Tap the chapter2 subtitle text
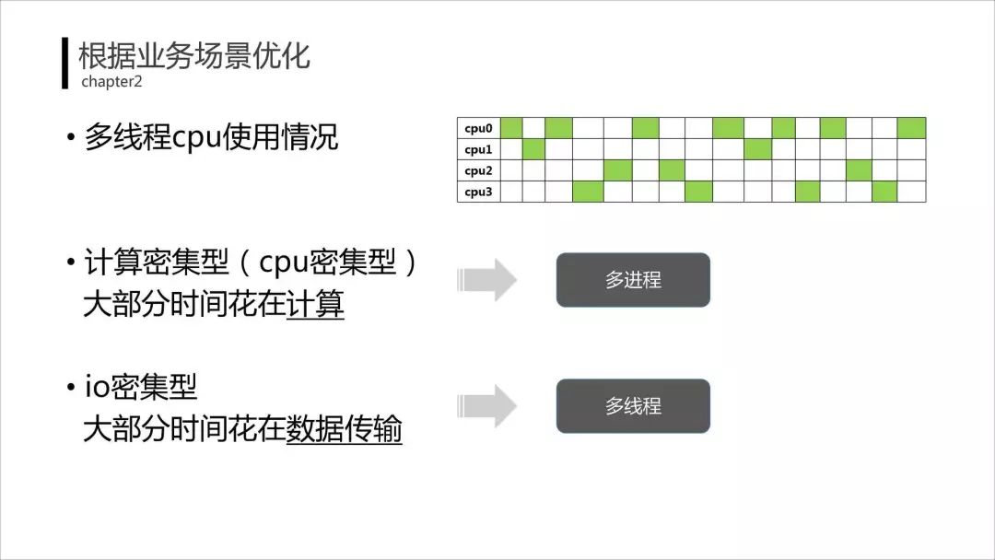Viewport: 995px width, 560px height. tap(111, 81)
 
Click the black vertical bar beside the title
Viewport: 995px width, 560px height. tap(65, 64)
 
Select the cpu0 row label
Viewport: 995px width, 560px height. tap(478, 128)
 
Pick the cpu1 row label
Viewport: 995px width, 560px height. tap(478, 149)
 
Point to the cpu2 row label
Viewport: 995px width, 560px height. tap(478, 170)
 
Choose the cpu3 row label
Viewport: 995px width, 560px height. tap(478, 192)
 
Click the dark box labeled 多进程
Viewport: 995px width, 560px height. tap(633, 280)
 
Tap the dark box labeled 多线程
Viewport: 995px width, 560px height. tap(633, 406)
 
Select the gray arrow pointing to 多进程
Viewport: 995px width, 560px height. tap(488, 280)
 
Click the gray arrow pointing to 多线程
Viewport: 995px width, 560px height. tap(488, 406)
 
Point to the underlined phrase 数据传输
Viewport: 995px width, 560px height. tap(345, 430)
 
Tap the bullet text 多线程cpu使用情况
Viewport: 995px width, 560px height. tap(211, 137)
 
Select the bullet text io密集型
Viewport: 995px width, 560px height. tap(141, 387)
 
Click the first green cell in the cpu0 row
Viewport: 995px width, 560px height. tap(511, 128)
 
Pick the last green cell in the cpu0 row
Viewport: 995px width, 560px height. tap(911, 128)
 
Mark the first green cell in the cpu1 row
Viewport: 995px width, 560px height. tap(533, 149)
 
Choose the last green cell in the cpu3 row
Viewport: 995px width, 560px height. tap(884, 192)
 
